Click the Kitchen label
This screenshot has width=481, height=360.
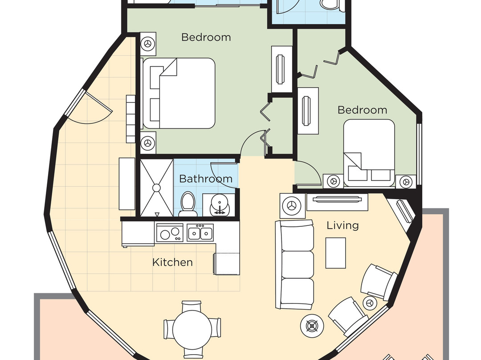(172, 262)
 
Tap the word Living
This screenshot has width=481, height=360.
(342, 225)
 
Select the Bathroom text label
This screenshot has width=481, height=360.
(205, 179)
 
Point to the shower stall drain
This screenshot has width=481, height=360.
(156, 188)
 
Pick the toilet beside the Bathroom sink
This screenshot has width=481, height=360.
(188, 204)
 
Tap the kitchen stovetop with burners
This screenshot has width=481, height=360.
(170, 233)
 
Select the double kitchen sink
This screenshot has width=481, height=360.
(200, 233)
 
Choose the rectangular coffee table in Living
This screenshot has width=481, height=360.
(336, 253)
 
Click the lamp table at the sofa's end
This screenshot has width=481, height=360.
(293, 205)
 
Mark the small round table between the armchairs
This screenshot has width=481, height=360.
(369, 302)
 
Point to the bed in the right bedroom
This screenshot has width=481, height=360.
(369, 151)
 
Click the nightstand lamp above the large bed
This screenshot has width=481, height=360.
(148, 44)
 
